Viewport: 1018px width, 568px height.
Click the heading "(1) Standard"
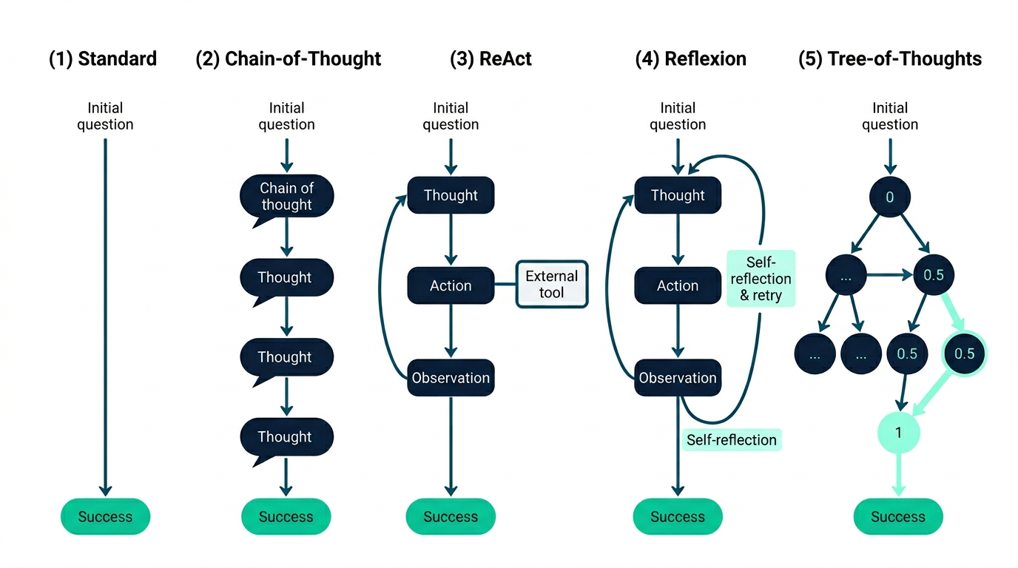pos(103,59)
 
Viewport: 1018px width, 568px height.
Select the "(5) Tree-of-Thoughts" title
pos(890,59)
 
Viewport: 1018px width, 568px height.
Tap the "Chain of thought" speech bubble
pos(286,197)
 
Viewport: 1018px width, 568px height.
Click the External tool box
pos(551,284)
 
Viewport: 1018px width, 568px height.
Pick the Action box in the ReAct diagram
pos(451,285)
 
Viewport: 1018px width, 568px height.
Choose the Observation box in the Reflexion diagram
pos(678,378)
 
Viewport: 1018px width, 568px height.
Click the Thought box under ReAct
pos(451,195)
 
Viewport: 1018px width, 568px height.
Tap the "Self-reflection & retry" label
pos(761,279)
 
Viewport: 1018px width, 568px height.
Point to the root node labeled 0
pos(890,197)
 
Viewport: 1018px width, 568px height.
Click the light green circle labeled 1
pos(898,432)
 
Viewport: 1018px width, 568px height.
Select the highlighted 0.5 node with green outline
pos(964,354)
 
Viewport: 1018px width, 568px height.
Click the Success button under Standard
pos(105,517)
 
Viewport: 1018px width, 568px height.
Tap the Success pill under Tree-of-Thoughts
pos(898,517)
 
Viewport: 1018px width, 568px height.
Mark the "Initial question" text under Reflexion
pos(678,116)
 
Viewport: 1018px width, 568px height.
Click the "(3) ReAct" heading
pos(491,59)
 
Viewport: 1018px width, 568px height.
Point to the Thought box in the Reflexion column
pos(678,195)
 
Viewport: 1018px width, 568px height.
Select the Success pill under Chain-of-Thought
pos(286,517)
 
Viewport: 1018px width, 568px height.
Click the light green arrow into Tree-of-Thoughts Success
pos(898,473)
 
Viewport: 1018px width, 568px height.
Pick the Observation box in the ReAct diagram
pos(451,378)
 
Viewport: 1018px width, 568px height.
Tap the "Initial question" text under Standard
pos(105,116)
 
